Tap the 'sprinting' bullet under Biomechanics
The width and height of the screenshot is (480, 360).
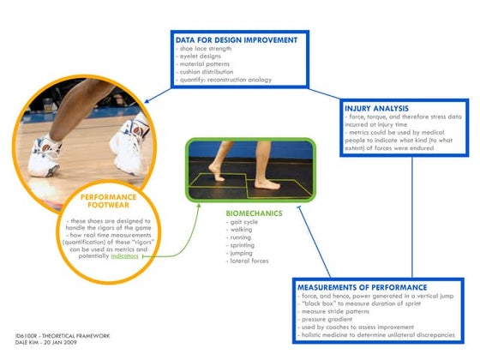tap(242, 244)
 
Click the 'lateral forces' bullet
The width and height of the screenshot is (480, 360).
tap(248, 260)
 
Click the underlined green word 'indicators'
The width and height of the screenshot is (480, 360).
tap(123, 256)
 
